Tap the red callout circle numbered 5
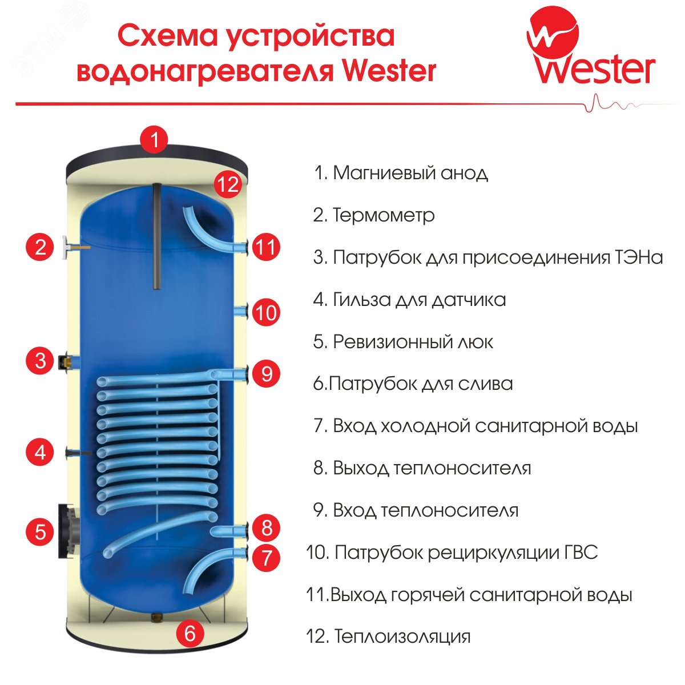coord(40,531)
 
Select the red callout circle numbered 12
coord(227,184)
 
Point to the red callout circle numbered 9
coord(266,374)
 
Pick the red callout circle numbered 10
coord(266,312)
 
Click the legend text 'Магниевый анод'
coord(410,172)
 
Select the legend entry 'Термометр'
coord(383,215)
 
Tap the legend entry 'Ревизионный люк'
coord(412,342)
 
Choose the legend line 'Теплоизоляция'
coord(402,636)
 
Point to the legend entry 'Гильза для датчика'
coord(419,300)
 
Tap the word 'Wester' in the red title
coord(390,71)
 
